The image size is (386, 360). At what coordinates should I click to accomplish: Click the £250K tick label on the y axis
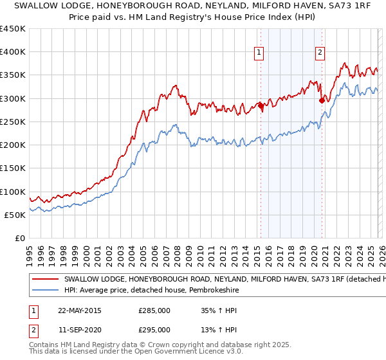13,122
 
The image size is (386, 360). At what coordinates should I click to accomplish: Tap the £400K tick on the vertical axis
13,52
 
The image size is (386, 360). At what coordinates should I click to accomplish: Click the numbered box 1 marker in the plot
259,53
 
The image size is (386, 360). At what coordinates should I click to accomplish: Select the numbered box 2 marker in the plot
320,53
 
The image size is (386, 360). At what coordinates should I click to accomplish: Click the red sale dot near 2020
322,100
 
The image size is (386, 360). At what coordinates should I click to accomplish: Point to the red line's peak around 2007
174,85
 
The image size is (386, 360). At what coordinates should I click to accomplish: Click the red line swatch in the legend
46,280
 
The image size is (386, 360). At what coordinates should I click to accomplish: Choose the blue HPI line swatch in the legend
46,291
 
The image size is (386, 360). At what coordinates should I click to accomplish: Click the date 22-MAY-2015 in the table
80,310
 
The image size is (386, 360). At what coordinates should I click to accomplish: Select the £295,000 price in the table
154,330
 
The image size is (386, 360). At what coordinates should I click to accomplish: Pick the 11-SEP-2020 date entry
80,330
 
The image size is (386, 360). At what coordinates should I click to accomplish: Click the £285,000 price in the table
154,310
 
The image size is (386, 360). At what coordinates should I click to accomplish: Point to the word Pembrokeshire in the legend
206,291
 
